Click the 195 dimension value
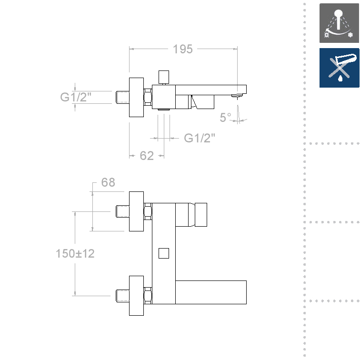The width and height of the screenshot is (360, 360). click(183, 49)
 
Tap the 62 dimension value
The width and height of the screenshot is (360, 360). click(147, 156)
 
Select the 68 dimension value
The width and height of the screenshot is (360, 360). click(108, 182)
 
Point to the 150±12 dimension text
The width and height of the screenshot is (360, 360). click(75, 253)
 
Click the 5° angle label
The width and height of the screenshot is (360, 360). click(225, 117)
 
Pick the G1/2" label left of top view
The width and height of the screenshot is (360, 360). click(76, 97)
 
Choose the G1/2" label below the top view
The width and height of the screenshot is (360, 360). click(200, 138)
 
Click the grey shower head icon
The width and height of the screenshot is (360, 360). click(339, 24)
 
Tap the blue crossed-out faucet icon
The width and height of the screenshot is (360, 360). click(339, 68)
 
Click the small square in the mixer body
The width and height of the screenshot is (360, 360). click(164, 252)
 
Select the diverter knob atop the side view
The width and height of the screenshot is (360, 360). click(164, 76)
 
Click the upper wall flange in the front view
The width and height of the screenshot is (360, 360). click(137, 211)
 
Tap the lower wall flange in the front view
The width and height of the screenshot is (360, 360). click(137, 295)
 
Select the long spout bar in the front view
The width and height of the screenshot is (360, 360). click(211, 292)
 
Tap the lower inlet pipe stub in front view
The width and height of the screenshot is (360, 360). click(122, 296)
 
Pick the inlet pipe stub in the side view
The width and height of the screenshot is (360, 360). click(122, 97)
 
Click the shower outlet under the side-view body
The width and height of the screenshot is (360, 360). click(164, 110)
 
